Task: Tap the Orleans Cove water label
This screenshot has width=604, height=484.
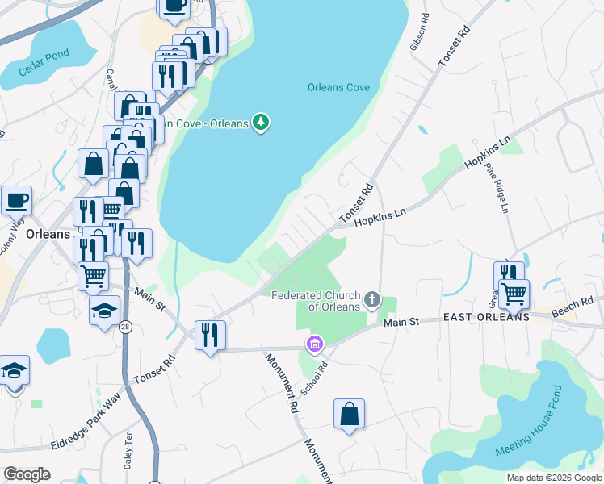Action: click(338, 88)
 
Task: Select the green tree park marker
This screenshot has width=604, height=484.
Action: click(260, 123)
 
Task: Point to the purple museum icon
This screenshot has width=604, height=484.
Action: click(314, 344)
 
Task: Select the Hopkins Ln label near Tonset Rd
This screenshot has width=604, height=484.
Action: click(379, 218)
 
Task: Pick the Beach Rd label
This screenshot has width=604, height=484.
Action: click(573, 307)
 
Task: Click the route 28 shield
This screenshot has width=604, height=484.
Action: click(125, 327)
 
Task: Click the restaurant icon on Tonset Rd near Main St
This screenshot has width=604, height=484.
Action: click(210, 335)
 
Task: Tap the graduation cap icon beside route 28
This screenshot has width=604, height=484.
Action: click(105, 311)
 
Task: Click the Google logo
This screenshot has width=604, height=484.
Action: click(27, 474)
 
